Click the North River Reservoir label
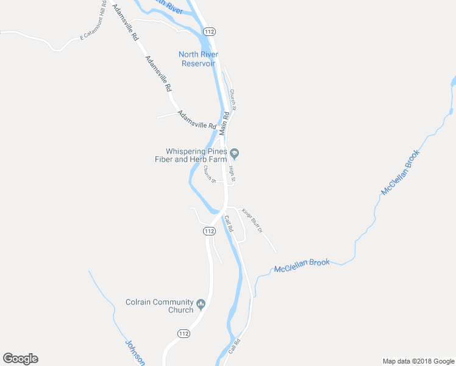(x=198, y=59)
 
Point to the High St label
(x=232, y=174)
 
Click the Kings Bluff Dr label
(x=251, y=220)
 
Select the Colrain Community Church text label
(x=159, y=306)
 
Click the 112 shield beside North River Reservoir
(x=210, y=31)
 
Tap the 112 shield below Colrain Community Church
(x=185, y=333)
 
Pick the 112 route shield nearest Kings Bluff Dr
(x=209, y=231)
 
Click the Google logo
(x=20, y=359)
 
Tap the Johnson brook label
(x=135, y=352)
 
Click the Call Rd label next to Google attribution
(x=235, y=347)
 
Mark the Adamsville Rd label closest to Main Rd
(x=196, y=119)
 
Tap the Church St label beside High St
(x=210, y=174)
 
